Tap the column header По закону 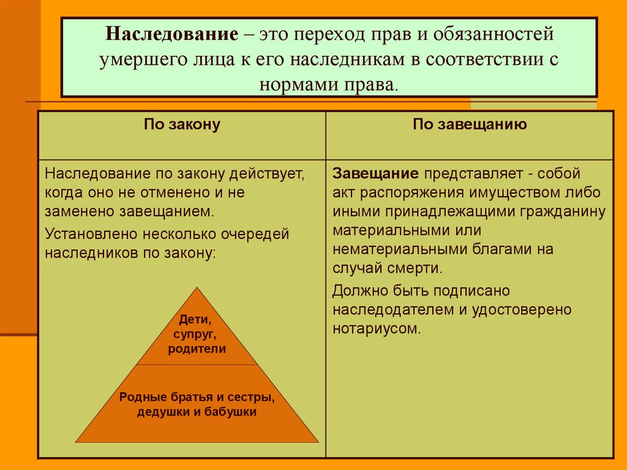coord(182,124)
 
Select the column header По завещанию coord(470,124)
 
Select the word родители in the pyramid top coord(197,349)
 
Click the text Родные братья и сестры coord(197,397)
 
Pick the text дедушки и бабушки coord(197,412)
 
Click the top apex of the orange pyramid coord(197,288)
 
